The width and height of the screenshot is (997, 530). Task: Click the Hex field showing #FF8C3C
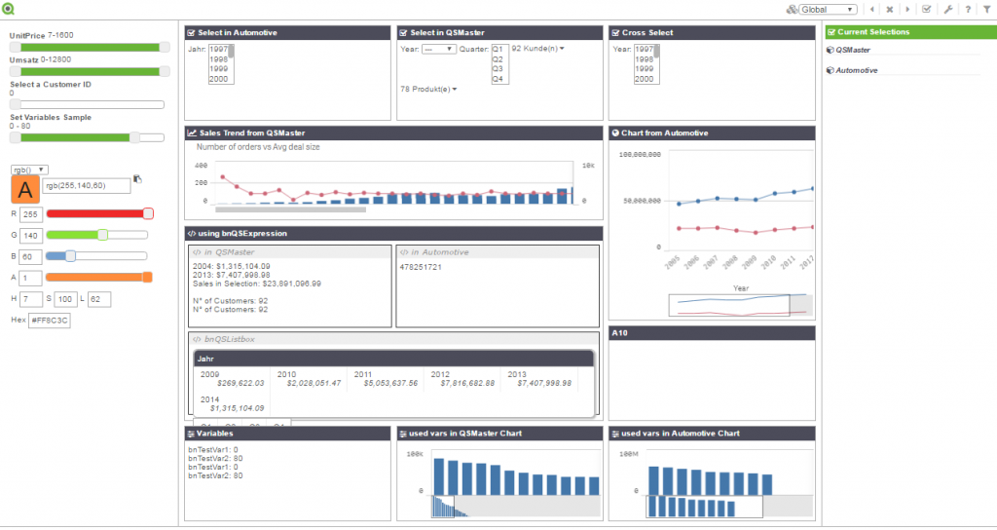click(x=49, y=321)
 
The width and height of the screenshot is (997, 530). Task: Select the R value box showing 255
click(x=30, y=214)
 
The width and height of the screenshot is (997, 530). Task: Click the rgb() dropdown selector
click(x=29, y=170)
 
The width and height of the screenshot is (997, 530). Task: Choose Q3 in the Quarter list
click(x=499, y=69)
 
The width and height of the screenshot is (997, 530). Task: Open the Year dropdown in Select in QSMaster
click(x=439, y=49)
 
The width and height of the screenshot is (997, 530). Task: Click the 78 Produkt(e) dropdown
click(x=428, y=90)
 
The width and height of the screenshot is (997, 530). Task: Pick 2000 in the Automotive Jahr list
click(x=218, y=80)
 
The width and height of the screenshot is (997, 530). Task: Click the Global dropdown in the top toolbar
click(x=828, y=10)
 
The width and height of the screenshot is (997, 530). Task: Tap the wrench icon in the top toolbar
click(x=947, y=10)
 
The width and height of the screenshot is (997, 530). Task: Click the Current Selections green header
click(x=905, y=32)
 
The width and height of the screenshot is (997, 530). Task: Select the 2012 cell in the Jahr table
click(x=440, y=374)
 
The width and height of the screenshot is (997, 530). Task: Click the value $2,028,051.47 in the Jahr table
click(x=309, y=384)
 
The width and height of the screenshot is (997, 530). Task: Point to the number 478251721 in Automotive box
click(x=421, y=267)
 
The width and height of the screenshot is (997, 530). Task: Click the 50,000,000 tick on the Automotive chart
click(x=640, y=201)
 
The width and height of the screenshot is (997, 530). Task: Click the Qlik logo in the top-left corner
click(x=9, y=10)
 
